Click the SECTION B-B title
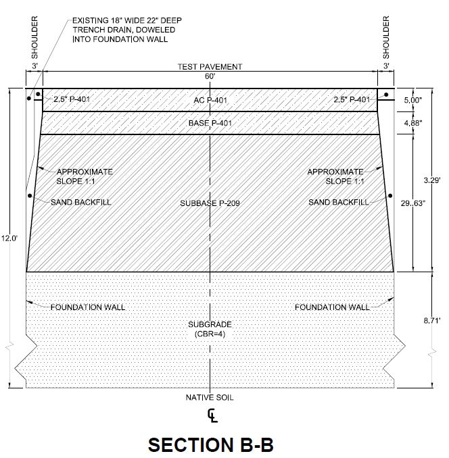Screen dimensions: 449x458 [x=211, y=444]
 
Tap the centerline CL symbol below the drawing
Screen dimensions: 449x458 [x=212, y=416]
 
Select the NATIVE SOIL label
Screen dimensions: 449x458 [x=210, y=397]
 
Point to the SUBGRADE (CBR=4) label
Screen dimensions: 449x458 [x=210, y=329]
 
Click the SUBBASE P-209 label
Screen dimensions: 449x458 [x=210, y=203]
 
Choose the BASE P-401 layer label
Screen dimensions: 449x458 [x=210, y=123]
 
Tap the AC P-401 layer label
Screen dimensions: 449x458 [x=210, y=100]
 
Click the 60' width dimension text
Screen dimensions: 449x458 [x=210, y=76]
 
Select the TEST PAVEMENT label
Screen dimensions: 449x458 [x=210, y=67]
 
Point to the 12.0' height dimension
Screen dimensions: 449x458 [x=9, y=238]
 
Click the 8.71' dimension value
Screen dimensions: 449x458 [x=432, y=320]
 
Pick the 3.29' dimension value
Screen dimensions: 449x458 [x=432, y=180]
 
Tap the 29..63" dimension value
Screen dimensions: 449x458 [x=412, y=203]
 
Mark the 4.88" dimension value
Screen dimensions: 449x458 [x=413, y=123]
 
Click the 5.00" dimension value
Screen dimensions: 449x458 [x=413, y=100]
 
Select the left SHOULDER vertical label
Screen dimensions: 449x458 [x=34, y=37]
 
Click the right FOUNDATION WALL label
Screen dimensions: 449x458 [x=332, y=307]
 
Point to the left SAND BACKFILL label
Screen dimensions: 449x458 [x=81, y=202]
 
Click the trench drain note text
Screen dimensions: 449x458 [x=127, y=30]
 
